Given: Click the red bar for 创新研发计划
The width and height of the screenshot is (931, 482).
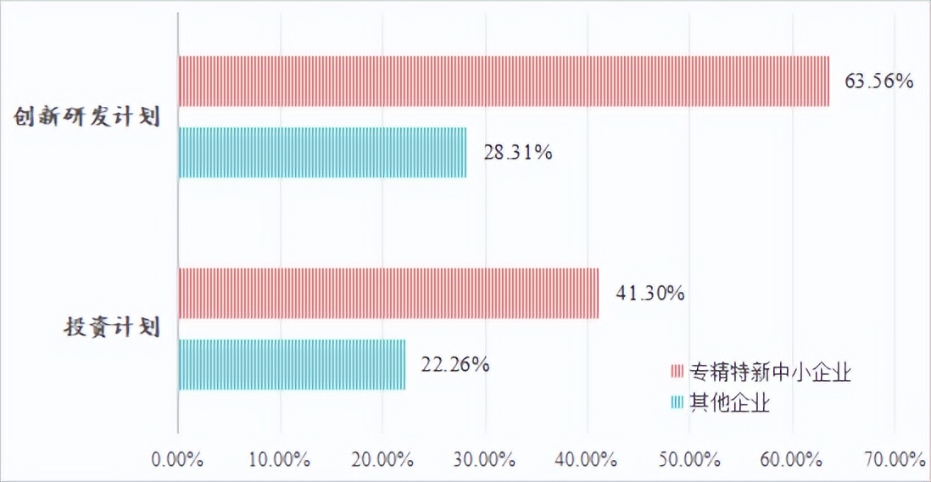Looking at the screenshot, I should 504,81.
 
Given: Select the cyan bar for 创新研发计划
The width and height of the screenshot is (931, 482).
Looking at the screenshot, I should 322,153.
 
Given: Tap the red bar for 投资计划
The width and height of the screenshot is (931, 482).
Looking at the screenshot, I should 388,293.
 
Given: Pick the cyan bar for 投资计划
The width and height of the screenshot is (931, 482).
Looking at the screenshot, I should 292,364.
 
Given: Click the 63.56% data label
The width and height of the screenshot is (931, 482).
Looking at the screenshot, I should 878,82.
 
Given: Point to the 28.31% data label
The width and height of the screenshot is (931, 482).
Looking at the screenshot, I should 518,154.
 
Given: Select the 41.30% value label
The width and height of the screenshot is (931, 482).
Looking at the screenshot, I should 650,294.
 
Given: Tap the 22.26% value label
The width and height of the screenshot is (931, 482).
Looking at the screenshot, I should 454,365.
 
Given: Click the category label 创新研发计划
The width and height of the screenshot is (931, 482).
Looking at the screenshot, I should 86,117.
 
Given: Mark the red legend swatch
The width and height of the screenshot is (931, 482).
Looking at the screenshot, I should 677,372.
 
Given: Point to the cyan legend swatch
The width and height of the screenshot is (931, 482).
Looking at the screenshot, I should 677,402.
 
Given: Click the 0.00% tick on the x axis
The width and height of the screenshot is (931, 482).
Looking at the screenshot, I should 177,459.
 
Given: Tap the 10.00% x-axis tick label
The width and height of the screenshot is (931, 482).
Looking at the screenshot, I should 280,459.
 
